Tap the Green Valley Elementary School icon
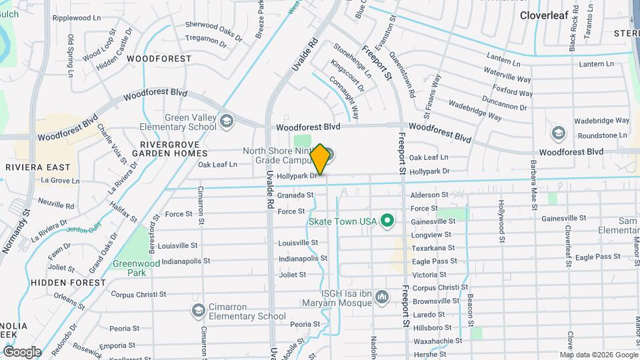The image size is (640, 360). pyautogui.click(x=227, y=121)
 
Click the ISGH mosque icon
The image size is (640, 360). pyautogui.click(x=382, y=297)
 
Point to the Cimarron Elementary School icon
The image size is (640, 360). pyautogui.click(x=198, y=310)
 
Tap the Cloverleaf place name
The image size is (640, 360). pyautogui.click(x=543, y=15)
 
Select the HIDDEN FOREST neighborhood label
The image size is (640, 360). pyautogui.click(x=68, y=283)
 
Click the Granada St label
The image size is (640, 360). pyautogui.click(x=295, y=195)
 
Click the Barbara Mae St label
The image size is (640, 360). pyautogui.click(x=533, y=181)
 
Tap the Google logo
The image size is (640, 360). pyautogui.click(x=22, y=351)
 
